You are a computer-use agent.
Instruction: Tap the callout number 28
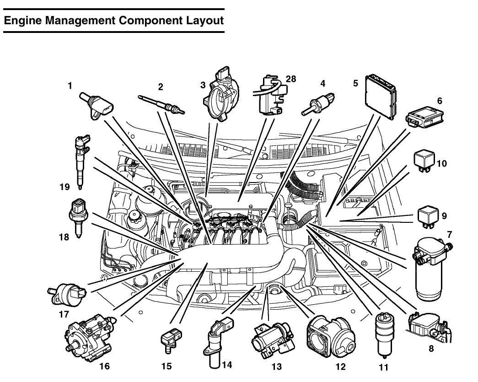click(290, 79)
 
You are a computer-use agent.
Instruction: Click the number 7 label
click(449, 235)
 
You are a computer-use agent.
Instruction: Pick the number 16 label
click(105, 366)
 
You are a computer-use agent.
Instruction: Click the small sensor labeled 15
click(171, 340)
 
